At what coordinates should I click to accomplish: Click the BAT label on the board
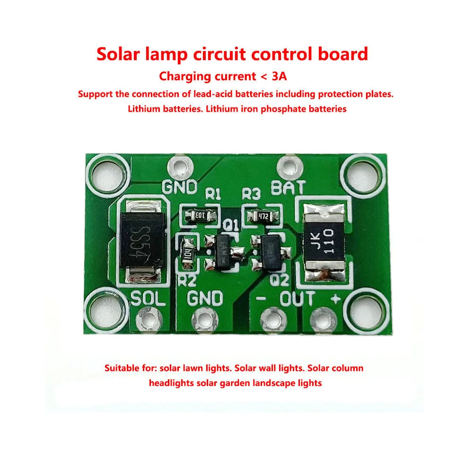288,188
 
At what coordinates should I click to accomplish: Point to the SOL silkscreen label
148,299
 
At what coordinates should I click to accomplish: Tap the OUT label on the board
297,299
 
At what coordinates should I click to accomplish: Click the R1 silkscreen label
213,194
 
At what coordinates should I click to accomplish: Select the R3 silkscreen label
251,194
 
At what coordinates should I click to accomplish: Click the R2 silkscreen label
186,280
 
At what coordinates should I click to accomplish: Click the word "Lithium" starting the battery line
144,109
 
